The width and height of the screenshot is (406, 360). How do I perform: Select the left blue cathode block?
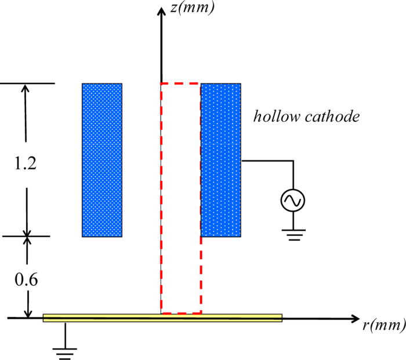(102, 160)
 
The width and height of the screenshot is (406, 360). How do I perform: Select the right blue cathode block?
(221, 160)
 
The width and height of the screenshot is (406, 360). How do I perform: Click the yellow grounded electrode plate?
(162, 318)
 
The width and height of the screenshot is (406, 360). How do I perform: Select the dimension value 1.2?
(26, 163)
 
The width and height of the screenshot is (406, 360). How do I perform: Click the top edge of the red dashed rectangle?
(180, 83)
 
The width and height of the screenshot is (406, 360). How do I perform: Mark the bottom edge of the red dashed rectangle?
(180, 313)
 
